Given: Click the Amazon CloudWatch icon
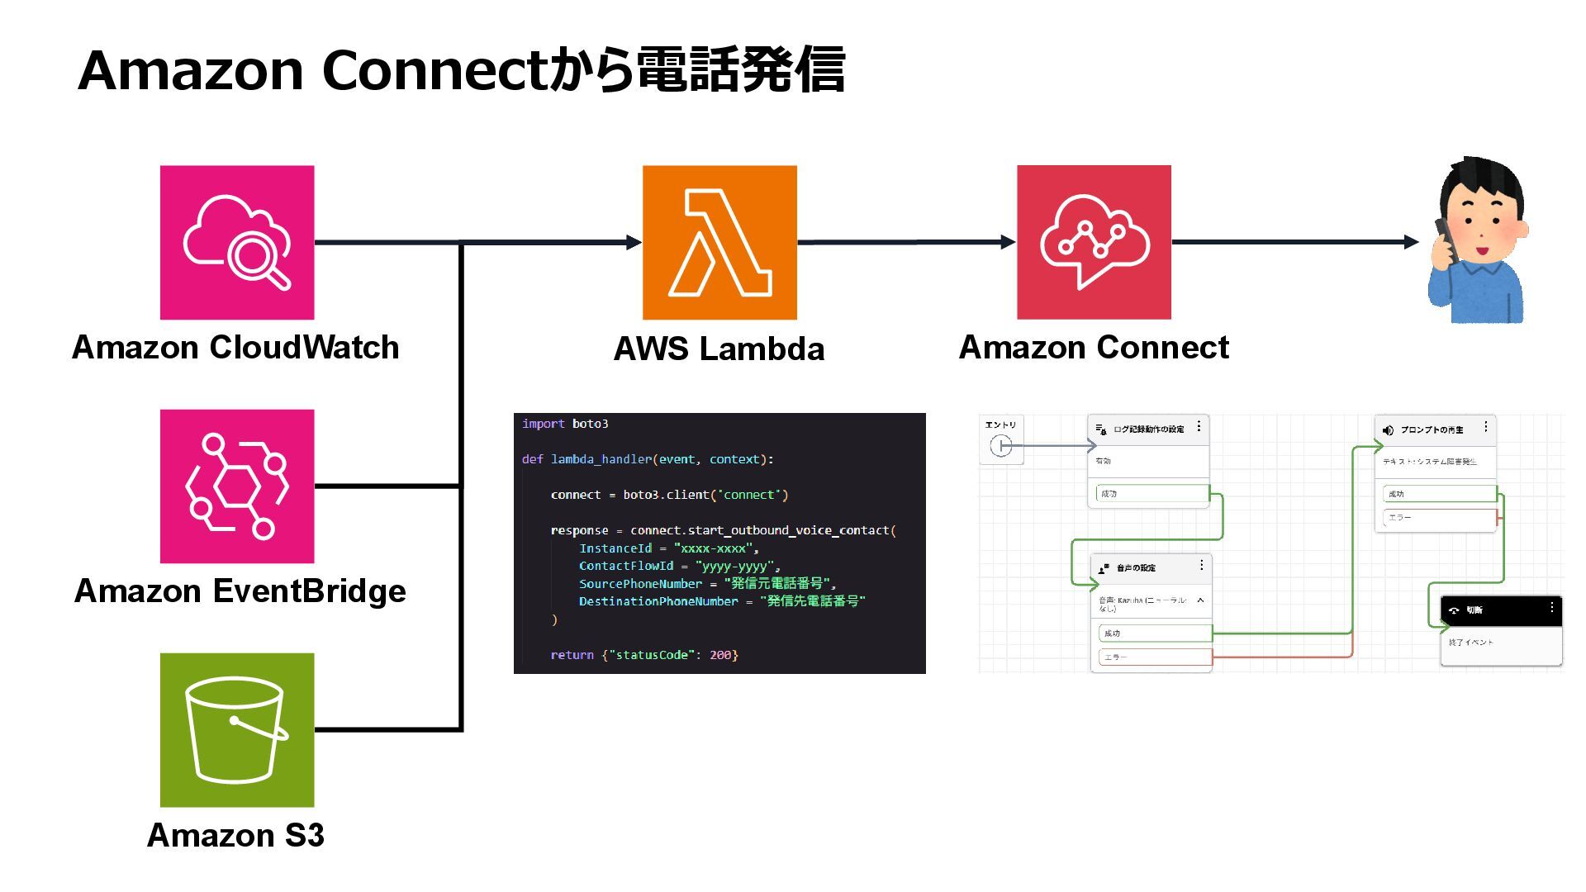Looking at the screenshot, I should coord(237,242).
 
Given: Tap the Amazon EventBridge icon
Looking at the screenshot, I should coord(237,486).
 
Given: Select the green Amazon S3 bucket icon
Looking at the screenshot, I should coord(237,729).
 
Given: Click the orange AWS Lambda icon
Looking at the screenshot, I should coord(719,242).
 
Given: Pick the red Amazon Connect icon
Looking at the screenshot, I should coord(1094,242).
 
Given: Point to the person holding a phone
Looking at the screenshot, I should coord(1478,240).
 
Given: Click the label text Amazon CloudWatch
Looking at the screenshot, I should coord(235,347).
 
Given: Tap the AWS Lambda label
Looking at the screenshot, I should coord(719,349).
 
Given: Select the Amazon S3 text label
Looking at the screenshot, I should coord(235,835).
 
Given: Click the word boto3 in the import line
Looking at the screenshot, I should coord(590,424).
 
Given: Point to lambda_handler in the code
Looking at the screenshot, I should coord(601,459).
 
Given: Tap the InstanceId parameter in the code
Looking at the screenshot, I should coord(615,548).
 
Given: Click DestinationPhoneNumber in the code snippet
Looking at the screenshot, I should coord(658,601).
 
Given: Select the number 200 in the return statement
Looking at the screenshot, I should coord(720,655).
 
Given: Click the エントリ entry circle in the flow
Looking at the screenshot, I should coord(1000,447).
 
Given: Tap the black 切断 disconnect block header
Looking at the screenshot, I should coord(1500,610).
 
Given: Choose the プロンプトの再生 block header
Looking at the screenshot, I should coord(1434,429).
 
